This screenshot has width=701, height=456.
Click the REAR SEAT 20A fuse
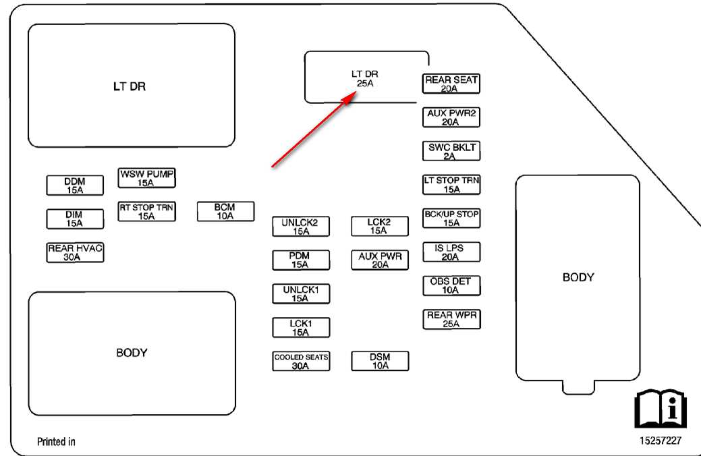pos(451,84)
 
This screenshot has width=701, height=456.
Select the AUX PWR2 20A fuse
pos(451,117)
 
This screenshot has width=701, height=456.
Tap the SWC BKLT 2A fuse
pos(451,151)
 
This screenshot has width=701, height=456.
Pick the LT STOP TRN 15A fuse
pos(451,185)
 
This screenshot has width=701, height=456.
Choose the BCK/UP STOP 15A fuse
pos(451,218)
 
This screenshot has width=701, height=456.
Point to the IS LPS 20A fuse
pos(451,252)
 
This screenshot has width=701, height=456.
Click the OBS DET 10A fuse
pos(451,285)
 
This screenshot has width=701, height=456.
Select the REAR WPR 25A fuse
pos(451,319)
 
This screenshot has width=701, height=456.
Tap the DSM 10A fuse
pos(380,361)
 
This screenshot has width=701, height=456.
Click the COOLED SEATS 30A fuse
pos(301,361)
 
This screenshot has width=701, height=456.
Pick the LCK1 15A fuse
pos(301,327)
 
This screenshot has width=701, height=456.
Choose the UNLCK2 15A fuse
pos(301,226)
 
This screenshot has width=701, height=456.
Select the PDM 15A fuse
pos(301,260)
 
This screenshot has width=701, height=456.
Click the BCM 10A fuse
pos(225,211)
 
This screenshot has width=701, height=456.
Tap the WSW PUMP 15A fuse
pos(146,178)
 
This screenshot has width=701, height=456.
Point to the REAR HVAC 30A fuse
pos(75,252)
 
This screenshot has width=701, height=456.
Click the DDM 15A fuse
pos(75,185)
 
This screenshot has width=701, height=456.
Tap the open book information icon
pos(661,408)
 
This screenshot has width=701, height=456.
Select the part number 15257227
pos(661,440)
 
